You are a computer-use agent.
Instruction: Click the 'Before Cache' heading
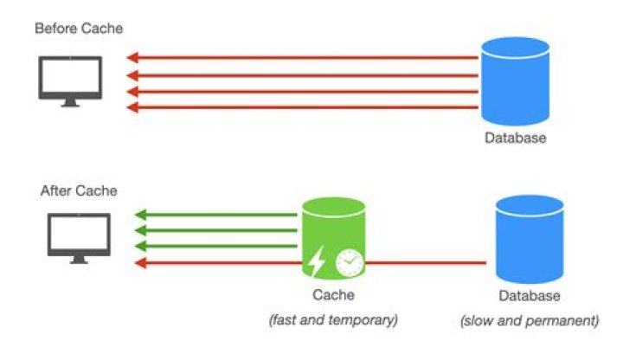click(x=79, y=29)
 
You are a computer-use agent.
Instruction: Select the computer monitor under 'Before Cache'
click(x=70, y=80)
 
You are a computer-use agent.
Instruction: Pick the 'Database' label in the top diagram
click(x=516, y=138)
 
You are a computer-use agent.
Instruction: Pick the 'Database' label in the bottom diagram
click(x=527, y=297)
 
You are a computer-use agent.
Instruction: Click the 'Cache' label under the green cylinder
click(x=333, y=296)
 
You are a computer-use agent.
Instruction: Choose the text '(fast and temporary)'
click(x=333, y=319)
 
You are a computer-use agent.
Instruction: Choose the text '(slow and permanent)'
click(x=529, y=321)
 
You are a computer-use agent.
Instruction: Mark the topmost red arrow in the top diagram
click(x=303, y=59)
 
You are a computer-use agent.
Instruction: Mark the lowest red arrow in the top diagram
click(x=303, y=107)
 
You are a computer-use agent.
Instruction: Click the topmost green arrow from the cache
click(x=216, y=215)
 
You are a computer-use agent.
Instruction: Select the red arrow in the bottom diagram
click(x=216, y=263)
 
